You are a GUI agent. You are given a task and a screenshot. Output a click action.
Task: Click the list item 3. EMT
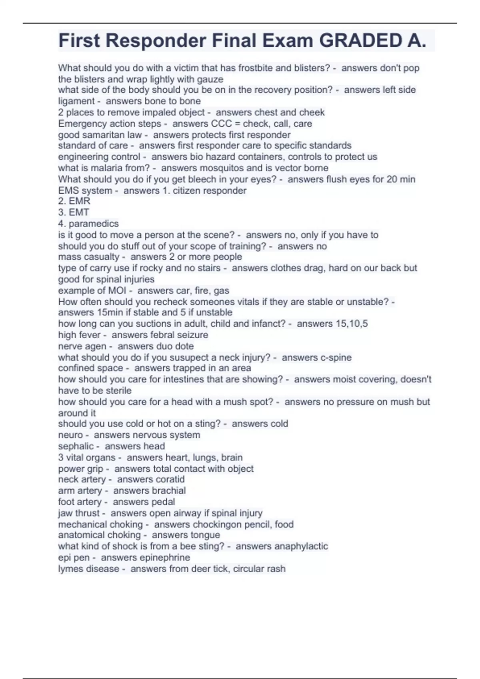coord(74,212)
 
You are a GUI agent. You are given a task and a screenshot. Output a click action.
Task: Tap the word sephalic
coord(76,447)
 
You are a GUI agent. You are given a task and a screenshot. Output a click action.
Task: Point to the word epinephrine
coord(165,558)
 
